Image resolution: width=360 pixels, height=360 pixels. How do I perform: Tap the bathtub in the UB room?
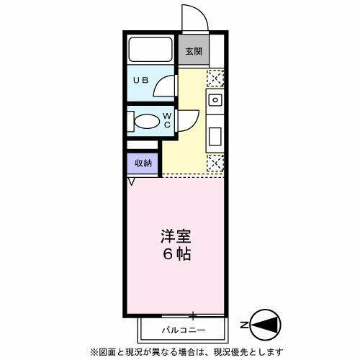point(150,51)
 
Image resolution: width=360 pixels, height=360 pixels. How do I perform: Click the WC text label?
point(166,120)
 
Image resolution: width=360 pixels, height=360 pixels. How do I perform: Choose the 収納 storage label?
point(143,163)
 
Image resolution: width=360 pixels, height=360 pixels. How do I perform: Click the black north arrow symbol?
point(266,326)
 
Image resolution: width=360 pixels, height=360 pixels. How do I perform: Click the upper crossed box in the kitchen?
point(215,78)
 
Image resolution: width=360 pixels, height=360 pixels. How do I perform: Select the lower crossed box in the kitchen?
point(215,164)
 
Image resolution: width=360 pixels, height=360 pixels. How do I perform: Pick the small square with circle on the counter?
point(215,99)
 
